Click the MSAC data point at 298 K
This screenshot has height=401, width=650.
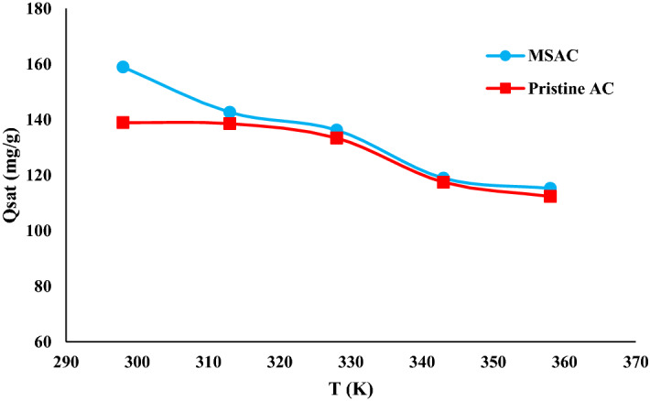tap(123, 67)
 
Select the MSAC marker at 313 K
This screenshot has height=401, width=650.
tap(230, 113)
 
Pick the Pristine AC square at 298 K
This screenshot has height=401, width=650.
tap(123, 123)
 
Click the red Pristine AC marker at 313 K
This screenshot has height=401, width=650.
tap(230, 124)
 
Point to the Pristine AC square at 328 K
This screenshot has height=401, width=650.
tap(336, 137)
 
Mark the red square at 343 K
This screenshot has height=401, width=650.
tap(443, 182)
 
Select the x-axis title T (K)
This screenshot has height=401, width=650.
tap(352, 386)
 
